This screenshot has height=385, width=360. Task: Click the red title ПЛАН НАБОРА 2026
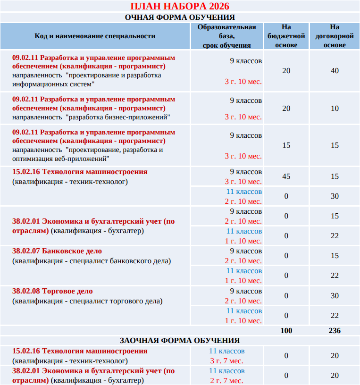click(x=180, y=6)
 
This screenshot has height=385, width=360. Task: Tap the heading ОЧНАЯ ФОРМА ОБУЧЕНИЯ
click(x=180, y=17)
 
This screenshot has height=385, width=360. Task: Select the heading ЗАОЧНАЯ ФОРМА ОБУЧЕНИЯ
click(x=180, y=340)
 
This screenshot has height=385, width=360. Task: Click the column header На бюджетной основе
click(x=286, y=36)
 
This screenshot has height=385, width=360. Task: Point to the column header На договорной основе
click(x=335, y=36)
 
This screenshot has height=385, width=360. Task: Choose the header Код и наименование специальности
click(x=95, y=36)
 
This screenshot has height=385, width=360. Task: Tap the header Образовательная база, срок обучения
click(x=226, y=36)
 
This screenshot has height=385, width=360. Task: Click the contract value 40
click(x=335, y=71)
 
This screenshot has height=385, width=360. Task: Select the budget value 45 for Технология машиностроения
click(x=286, y=176)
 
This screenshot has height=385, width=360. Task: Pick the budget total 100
click(x=286, y=331)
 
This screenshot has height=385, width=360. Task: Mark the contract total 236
click(x=335, y=331)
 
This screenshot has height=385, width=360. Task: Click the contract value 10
click(x=335, y=109)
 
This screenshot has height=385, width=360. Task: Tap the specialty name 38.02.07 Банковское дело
click(x=57, y=251)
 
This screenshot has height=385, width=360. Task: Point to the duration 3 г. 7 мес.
click(x=226, y=361)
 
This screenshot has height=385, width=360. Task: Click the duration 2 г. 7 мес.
click(x=226, y=381)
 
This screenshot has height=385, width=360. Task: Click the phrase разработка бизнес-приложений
click(x=118, y=117)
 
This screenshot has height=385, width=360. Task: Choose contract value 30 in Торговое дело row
click(x=335, y=296)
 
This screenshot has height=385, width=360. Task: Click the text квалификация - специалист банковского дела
click(x=92, y=261)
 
